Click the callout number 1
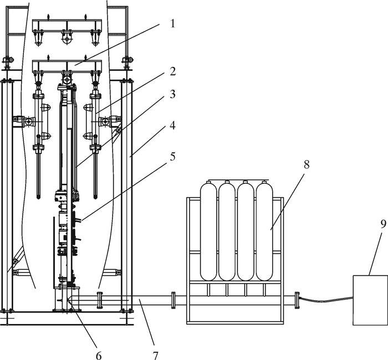[x=172, y=23]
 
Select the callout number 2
[x=172, y=71]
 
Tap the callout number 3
[x=172, y=94]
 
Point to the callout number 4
[x=172, y=125]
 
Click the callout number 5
[x=172, y=156]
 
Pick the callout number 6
[x=99, y=356]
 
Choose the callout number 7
[x=155, y=356]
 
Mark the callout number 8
[x=307, y=164]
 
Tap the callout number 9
[x=383, y=224]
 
